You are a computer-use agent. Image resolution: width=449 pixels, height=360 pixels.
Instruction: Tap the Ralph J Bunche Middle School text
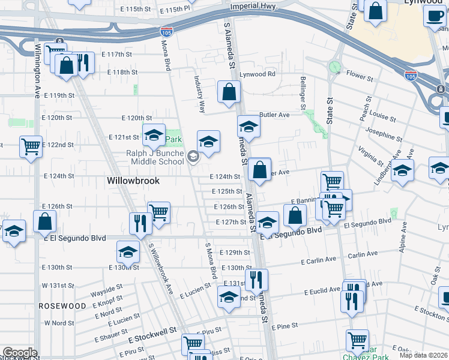click(155, 157)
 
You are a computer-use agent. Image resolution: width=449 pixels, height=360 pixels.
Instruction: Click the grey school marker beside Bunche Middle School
click(193, 157)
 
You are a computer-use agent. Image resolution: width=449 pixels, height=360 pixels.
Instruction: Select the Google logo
click(19, 353)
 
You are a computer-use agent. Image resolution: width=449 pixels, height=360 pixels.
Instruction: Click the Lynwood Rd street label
click(258, 74)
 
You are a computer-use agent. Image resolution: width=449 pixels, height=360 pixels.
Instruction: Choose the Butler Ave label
click(274, 115)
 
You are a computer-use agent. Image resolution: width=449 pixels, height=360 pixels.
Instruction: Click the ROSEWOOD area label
click(62, 306)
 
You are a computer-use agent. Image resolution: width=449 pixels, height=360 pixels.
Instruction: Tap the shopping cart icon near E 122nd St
click(31, 146)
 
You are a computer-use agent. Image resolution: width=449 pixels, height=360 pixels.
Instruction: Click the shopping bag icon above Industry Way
click(229, 92)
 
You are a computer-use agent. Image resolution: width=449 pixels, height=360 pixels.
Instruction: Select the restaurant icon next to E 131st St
click(256, 280)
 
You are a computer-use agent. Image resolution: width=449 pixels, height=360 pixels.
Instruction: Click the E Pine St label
click(285, 327)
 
